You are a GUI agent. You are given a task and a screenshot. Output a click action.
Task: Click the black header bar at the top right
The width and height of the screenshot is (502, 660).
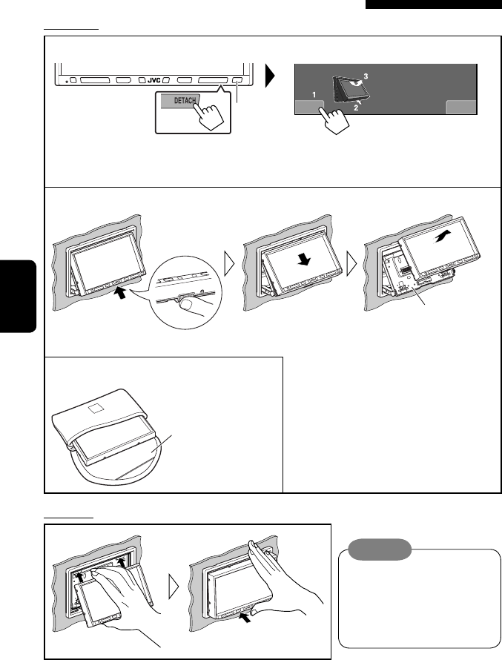(x=433, y=5)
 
